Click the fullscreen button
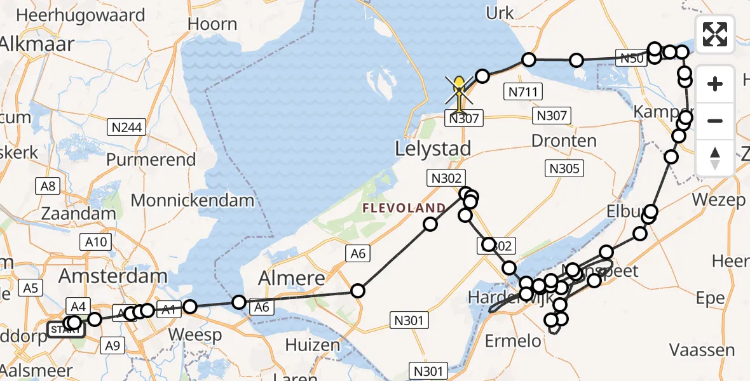(x=715, y=34)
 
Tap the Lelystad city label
(x=433, y=149)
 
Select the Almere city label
(x=292, y=278)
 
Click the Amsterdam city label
(x=113, y=276)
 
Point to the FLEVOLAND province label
(x=404, y=208)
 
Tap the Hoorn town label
(x=214, y=25)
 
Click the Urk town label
(x=499, y=12)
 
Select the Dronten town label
(x=565, y=141)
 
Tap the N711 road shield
(x=523, y=92)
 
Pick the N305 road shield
(x=564, y=168)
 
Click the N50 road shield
(x=633, y=59)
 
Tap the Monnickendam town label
(x=192, y=201)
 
